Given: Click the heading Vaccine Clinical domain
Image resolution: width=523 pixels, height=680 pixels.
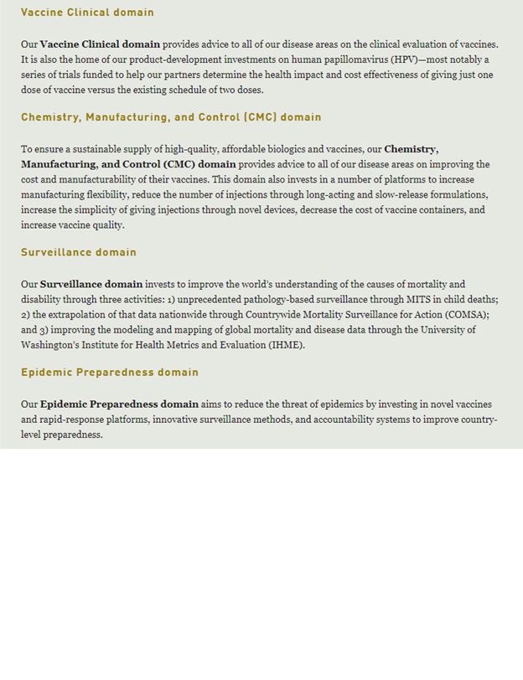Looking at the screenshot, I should pos(87,13).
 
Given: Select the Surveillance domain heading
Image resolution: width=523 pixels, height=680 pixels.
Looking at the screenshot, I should pos(79,252).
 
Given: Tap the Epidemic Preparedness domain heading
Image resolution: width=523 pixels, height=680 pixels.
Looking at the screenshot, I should pos(110,372).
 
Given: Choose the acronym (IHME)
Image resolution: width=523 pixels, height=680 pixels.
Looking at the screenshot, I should pos(283,345).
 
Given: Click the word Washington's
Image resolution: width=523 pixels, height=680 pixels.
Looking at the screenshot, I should pos(54,345).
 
